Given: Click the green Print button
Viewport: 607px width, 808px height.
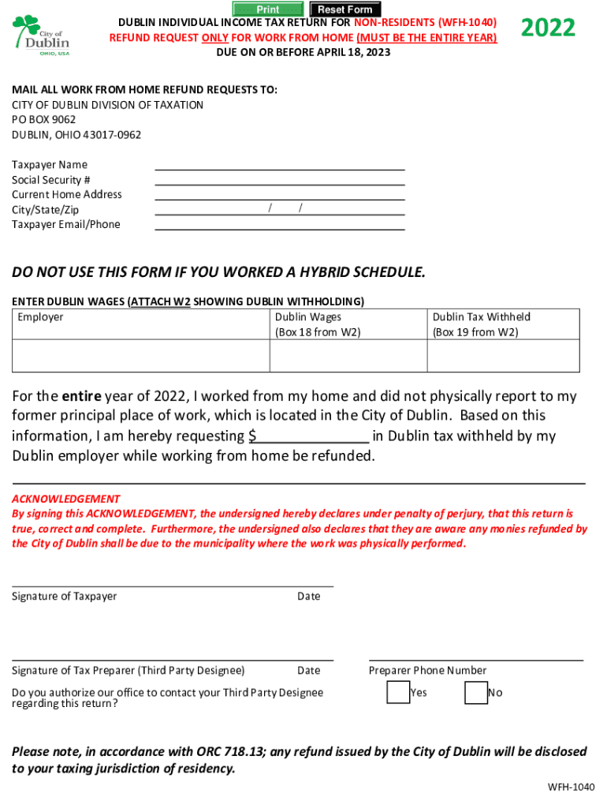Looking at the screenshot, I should click(268, 9).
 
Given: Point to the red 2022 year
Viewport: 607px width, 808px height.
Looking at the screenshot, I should click(548, 28).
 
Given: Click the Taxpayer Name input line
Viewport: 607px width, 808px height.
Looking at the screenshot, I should click(280, 165).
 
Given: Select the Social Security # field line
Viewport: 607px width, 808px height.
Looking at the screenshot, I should click(280, 180).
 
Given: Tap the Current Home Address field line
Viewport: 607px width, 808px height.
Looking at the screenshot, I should click(280, 195).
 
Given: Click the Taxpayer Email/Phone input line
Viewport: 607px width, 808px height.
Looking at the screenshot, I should click(280, 225).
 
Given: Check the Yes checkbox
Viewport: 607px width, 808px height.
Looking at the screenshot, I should click(397, 692).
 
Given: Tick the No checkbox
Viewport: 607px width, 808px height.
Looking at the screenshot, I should click(475, 692).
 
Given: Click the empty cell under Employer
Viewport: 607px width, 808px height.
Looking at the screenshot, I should click(141, 356).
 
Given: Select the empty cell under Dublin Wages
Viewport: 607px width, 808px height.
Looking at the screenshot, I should click(348, 356).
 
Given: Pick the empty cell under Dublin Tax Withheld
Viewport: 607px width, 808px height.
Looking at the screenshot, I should click(503, 356).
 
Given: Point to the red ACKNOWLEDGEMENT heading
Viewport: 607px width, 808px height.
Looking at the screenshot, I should click(65, 499).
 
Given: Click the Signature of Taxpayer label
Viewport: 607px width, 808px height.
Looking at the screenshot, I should click(64, 597).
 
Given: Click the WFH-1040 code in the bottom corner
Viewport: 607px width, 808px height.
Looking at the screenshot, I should click(572, 787).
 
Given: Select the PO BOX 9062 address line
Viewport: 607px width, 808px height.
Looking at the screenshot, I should click(43, 120).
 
